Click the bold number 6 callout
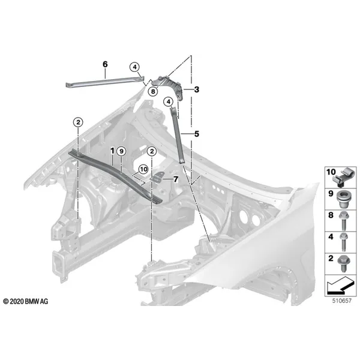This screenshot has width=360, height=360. coord(105,64)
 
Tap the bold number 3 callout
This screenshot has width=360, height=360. coord(197,89)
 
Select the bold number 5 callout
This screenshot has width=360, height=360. coord(197,134)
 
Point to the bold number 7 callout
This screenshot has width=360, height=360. coord(176,179)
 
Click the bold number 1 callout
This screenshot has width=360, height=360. coord(112,151)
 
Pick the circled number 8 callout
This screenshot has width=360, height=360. coord(153,92)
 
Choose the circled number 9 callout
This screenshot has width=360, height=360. coord(121,151)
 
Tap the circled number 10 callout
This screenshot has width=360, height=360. coord(143,169)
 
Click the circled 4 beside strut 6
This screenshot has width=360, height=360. coord(135,67)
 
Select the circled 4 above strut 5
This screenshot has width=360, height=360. coord(169,101)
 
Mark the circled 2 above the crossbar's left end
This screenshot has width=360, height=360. coord(78,122)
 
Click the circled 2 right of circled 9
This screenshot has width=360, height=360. coord(152,151)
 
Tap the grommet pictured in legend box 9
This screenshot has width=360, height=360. coord(343,199)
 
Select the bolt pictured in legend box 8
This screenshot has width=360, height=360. coord(344,221)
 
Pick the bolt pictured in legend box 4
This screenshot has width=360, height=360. coord(344,242)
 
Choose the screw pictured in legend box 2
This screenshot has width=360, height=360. coord(343,264)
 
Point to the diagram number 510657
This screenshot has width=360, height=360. coord(342,301)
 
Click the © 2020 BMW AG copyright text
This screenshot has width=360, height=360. coord(26,301)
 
